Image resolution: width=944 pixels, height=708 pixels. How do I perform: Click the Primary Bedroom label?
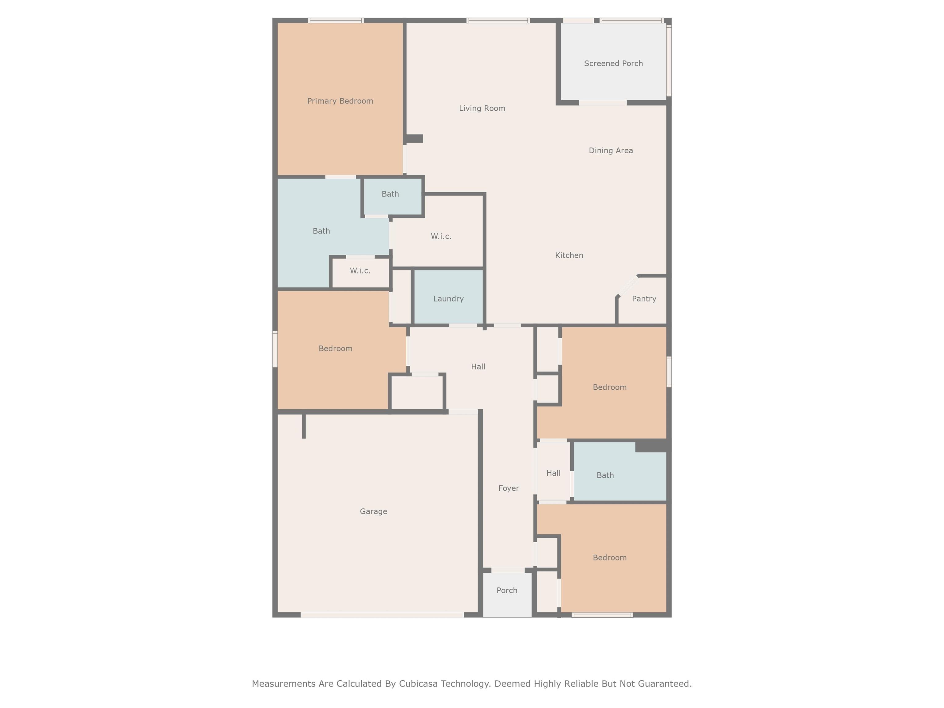(340, 101)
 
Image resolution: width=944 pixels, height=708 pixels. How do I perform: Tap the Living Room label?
(482, 108)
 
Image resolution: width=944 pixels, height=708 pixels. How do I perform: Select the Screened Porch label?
(613, 64)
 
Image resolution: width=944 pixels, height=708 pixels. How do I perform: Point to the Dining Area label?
(611, 151)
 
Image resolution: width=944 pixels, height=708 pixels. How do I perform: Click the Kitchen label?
(569, 255)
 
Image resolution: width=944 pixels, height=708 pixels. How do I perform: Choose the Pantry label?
(644, 299)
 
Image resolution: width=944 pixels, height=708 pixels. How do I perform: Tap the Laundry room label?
(448, 299)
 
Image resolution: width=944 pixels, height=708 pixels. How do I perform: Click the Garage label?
(373, 511)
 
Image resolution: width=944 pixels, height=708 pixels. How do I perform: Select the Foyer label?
(509, 488)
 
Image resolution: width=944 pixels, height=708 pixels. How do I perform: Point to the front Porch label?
(507, 590)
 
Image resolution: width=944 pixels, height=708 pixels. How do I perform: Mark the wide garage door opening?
(382, 615)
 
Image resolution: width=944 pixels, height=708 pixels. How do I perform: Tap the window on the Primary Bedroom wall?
(336, 21)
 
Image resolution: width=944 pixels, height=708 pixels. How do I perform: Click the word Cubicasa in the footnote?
(418, 684)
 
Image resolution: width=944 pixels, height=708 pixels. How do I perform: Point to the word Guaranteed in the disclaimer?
(664, 684)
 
